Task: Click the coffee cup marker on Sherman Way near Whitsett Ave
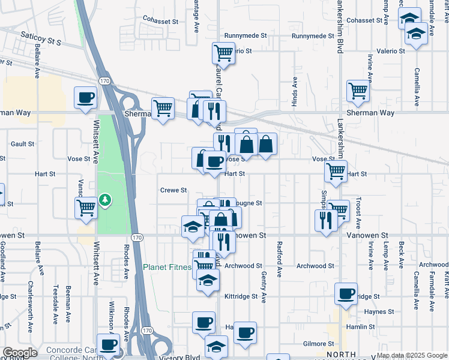85,98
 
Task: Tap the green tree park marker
106,199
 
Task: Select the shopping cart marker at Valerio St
223,53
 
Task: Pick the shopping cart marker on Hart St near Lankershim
336,171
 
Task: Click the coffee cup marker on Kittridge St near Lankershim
346,294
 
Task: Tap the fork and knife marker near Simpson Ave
325,220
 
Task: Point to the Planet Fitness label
168,267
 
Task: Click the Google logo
20,353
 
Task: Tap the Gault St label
22,144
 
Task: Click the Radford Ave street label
279,259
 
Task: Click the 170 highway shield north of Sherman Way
105,80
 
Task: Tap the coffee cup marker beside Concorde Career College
108,344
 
